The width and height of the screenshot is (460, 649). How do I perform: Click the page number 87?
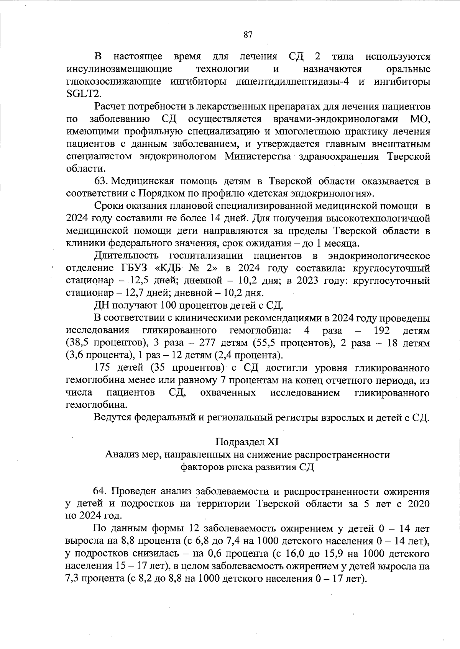pos(248,35)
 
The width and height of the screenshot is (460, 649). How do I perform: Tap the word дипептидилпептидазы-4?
pos(292,82)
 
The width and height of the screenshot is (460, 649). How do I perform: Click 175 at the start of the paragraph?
pos(102,368)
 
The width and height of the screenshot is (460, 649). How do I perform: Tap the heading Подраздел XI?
pos(247,442)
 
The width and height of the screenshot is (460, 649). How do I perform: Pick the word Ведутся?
pos(113,417)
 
